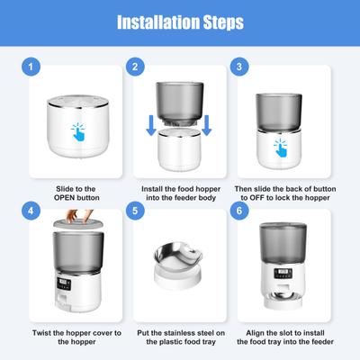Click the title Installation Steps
(180, 22)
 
